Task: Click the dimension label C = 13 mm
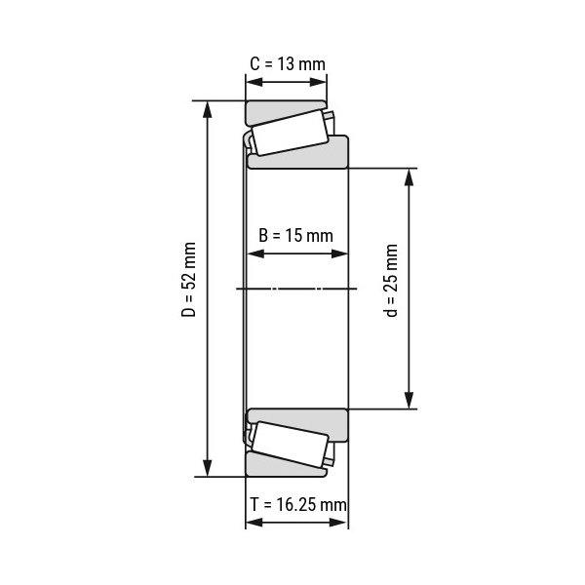(288, 64)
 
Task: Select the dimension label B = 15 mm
(295, 236)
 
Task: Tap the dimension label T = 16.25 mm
(298, 505)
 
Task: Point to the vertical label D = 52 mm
(189, 280)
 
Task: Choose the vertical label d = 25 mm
(391, 281)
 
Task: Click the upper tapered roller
(290, 133)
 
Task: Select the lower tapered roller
(290, 445)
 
